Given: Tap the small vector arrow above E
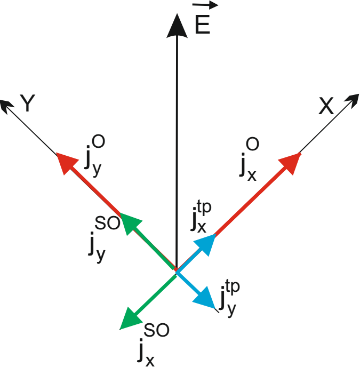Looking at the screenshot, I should point(205,6).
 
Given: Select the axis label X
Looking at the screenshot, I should point(326,107).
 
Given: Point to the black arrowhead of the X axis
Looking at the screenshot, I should point(351,101).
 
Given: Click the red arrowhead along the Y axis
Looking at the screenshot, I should point(66,164).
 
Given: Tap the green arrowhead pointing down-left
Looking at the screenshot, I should point(129,318).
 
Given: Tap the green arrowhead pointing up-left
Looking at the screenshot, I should point(131,224).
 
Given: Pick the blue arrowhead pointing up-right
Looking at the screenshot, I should point(206,244).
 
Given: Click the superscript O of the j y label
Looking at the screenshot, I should point(98,142).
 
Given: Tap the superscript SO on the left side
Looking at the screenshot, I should point(107,224).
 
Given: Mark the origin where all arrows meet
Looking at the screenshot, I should point(176,272).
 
